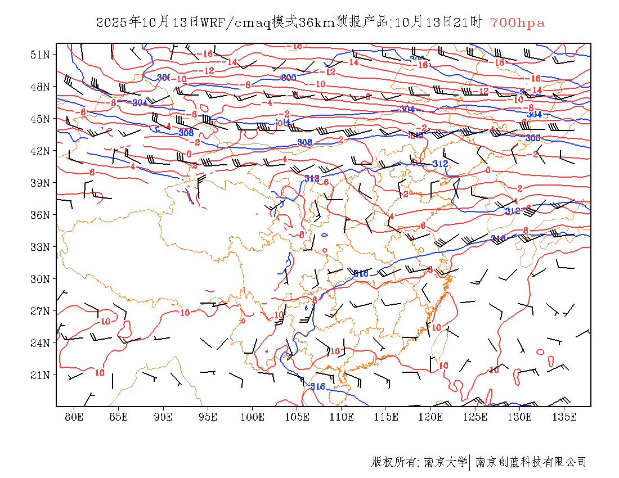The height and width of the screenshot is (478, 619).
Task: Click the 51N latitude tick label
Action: click(x=41, y=55)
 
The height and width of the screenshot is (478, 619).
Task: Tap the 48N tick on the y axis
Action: click(x=41, y=87)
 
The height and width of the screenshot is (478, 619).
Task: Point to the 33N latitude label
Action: click(x=41, y=247)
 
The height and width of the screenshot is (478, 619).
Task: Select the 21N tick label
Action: click(x=41, y=375)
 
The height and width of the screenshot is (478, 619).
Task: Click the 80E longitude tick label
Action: click(x=74, y=417)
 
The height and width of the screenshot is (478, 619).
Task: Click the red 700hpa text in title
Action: click(x=517, y=23)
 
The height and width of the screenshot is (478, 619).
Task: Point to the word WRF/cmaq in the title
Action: click(x=235, y=23)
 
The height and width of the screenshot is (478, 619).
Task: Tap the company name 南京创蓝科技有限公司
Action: click(x=531, y=462)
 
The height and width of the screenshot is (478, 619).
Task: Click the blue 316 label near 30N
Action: click(x=361, y=274)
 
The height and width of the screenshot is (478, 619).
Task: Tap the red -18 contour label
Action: click(x=497, y=62)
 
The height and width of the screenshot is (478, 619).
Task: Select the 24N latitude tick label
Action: click(x=41, y=343)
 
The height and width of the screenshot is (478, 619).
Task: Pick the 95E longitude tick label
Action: click(x=208, y=417)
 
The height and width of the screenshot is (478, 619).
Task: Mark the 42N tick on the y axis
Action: click(x=41, y=151)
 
